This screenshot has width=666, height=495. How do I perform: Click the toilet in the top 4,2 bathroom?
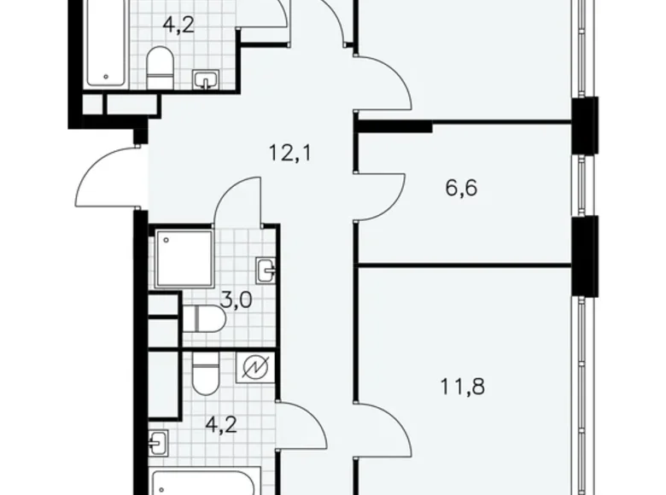pyautogui.click(x=160, y=67)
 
